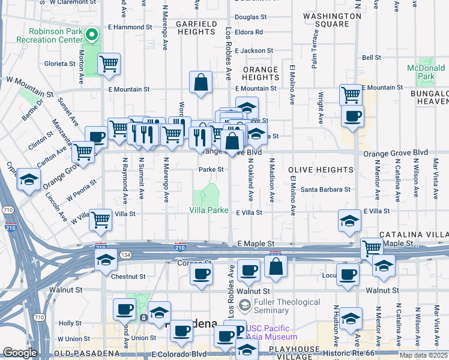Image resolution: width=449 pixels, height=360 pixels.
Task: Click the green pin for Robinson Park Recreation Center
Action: (92, 35)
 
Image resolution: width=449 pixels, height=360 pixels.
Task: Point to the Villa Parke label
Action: (208, 210)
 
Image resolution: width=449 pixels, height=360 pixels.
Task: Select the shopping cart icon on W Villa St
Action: (100, 218)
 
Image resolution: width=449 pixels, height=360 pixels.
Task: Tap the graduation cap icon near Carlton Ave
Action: (29, 180)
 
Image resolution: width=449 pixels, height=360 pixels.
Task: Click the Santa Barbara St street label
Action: (325, 190)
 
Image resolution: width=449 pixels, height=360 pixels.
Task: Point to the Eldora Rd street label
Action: (249, 32)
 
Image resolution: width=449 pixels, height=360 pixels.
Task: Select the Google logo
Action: (20, 353)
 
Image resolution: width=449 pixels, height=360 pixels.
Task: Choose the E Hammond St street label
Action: (128, 28)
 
